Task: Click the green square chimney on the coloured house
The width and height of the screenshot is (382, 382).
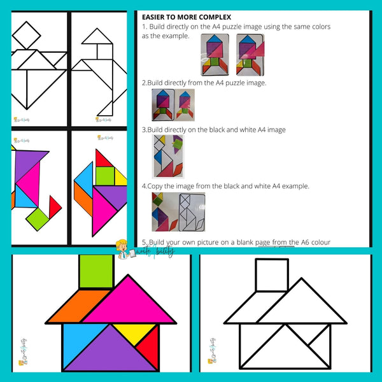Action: pos(96,272)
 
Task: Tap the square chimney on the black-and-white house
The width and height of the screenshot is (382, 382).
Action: pos(272,275)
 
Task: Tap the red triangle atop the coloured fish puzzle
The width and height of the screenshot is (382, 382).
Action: pos(102,158)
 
